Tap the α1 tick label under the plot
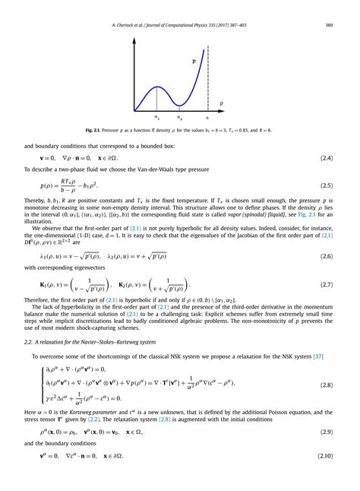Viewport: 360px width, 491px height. click(157, 118)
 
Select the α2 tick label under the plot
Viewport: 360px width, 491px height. click(179, 118)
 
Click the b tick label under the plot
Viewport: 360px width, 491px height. click(207, 118)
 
